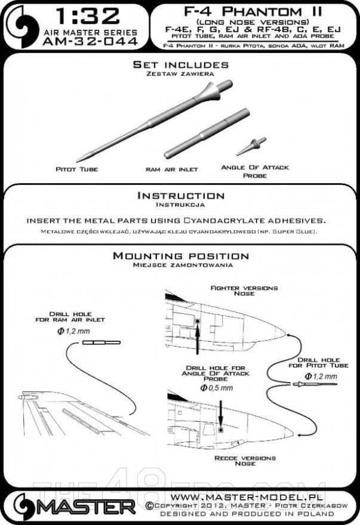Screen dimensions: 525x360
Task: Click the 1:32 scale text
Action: pyautogui.click(x=88, y=14)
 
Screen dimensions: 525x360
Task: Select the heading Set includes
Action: pyautogui.click(x=179, y=64)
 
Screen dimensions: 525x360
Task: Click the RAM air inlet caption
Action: pyautogui.click(x=168, y=169)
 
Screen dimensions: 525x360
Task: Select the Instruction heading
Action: pyautogui.click(x=180, y=196)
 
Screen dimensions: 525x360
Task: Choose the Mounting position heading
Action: pyautogui.click(x=180, y=256)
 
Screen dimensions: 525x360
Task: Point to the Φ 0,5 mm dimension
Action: pyautogui.click(x=220, y=388)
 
